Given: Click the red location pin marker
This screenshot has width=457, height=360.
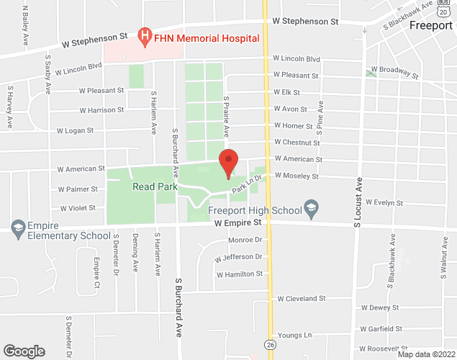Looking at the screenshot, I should click(229, 163).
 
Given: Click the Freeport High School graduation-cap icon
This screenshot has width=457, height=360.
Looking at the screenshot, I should click(311, 210).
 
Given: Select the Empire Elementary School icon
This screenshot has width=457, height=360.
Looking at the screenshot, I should click(17, 228).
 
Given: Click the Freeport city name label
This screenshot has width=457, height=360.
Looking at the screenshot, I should click(430, 24).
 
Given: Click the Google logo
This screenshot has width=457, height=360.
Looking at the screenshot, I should click(23, 351).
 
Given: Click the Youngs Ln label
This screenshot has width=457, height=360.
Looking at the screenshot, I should click(294, 336).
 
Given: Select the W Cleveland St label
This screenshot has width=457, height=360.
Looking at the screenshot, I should click(302, 297).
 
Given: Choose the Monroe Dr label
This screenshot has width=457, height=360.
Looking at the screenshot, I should click(243, 240).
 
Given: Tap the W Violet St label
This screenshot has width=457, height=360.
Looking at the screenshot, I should click(78, 208).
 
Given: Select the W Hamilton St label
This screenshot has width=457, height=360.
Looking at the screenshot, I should click(240, 274).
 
